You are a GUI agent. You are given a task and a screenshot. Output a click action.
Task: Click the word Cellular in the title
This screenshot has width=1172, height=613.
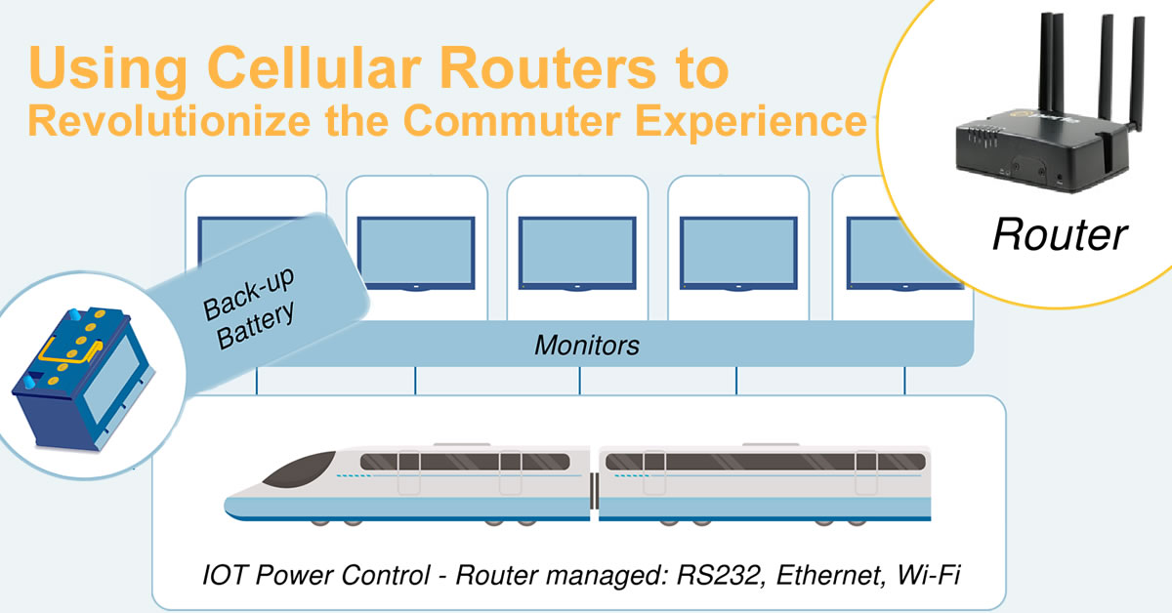314,67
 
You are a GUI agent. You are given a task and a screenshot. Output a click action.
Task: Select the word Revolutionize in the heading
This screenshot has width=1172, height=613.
169,121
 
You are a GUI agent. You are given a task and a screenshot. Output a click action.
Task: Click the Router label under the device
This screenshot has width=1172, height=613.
1060,234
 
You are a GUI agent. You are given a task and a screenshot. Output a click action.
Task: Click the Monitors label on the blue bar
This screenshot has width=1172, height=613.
587,346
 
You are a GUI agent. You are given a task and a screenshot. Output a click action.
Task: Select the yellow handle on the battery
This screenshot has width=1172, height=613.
69,351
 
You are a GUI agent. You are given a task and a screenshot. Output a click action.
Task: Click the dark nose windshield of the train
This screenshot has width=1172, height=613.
302,470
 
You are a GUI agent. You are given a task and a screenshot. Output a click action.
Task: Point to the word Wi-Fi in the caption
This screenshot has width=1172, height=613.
929,575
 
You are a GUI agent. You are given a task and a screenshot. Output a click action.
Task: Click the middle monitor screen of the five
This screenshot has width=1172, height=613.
577,252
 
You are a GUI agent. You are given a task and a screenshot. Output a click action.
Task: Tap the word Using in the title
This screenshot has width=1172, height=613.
107,69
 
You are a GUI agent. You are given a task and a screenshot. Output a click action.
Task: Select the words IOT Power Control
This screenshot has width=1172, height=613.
316,575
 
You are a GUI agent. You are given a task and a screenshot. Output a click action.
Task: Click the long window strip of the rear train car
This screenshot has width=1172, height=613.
765,462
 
